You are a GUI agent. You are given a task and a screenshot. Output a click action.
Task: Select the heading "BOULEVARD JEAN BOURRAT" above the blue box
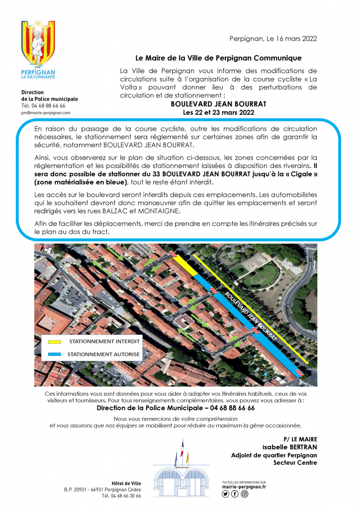pyautogui.click(x=218, y=104)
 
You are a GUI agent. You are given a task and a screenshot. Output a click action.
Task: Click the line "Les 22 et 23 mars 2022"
pyautogui.click(x=218, y=113)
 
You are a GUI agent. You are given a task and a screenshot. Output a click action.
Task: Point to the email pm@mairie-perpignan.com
pyautogui.click(x=46, y=113)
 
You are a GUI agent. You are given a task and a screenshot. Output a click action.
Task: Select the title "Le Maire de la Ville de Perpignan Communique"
pyautogui.click(x=218, y=58)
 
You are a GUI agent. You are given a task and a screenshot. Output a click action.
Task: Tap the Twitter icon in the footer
pyautogui.click(x=226, y=494)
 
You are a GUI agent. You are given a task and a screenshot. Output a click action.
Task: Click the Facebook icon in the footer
pyautogui.click(x=235, y=494)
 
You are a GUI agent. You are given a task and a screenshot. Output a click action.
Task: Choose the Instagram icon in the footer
pyautogui.click(x=244, y=494)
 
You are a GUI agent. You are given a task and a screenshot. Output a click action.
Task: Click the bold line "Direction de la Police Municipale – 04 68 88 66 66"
pyautogui.click(x=176, y=408)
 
